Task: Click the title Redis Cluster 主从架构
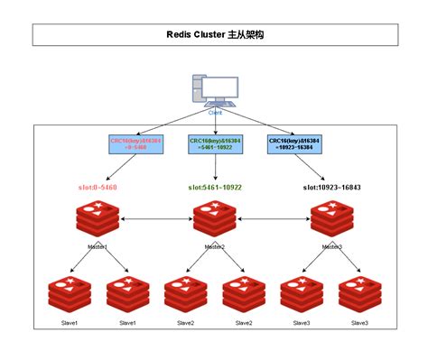coord(215,34)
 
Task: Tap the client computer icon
coord(214,91)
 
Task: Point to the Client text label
coord(215,112)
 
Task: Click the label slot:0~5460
coord(98,188)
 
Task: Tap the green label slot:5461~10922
coord(215,188)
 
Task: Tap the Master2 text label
coord(215,246)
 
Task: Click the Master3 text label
coord(331,246)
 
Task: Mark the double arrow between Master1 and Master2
coord(156,219)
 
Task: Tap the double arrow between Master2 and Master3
coord(274,219)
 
